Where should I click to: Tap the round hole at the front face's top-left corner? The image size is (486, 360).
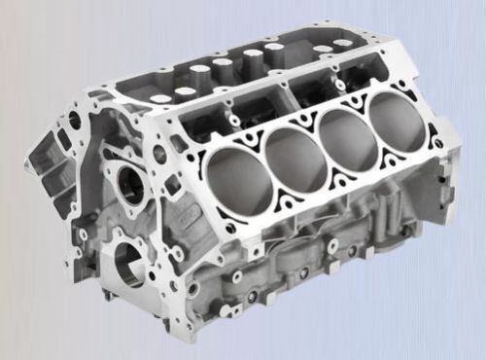point(74,122)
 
